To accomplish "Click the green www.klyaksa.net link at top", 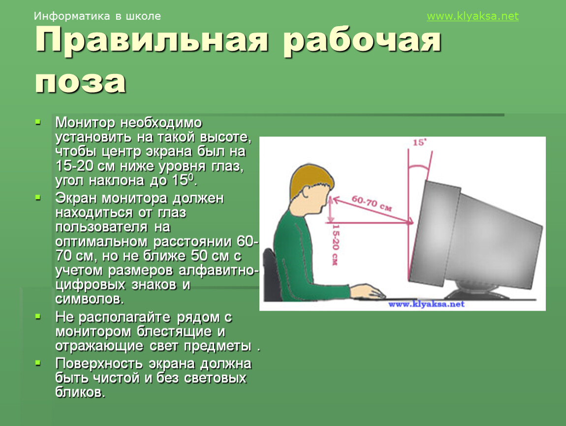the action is coord(472,16).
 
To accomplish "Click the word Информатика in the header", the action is coord(72,16).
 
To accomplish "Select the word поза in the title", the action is coord(81,82).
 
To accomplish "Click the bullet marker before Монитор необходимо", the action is coord(38,122).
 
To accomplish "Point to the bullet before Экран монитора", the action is coord(38,197).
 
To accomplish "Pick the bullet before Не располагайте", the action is coord(38,317).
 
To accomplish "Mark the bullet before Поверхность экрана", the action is coord(38,363).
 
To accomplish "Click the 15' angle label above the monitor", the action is coord(419,142).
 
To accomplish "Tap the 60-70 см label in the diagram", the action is coord(372,203).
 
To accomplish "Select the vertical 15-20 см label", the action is coord(335,245).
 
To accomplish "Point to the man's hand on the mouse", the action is coord(366,291).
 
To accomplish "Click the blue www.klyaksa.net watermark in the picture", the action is coord(426,304).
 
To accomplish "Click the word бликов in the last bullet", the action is coord(80,392).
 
